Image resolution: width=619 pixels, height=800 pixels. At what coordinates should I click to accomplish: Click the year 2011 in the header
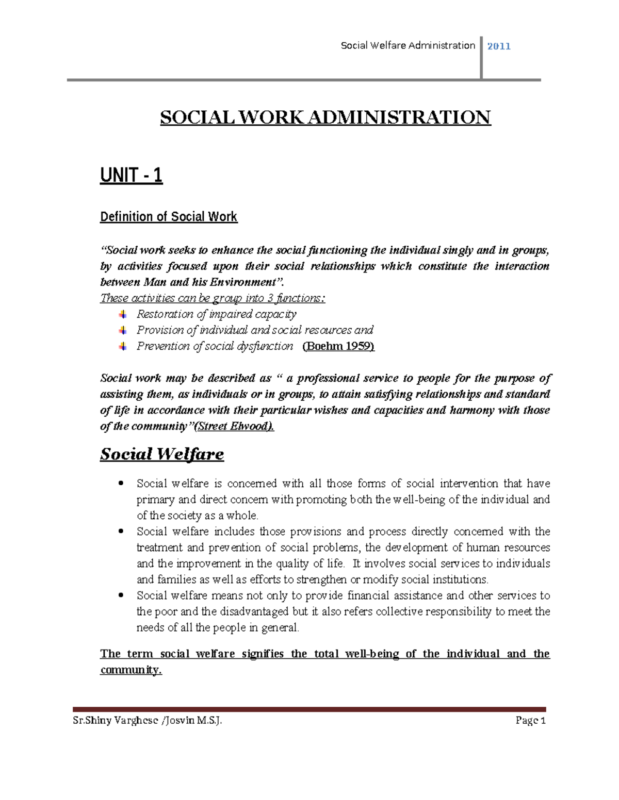498,46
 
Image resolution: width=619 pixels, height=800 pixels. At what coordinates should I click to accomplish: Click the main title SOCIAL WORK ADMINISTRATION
325,117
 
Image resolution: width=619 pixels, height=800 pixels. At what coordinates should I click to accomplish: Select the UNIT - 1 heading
131,175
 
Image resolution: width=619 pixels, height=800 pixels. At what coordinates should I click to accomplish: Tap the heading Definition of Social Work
168,217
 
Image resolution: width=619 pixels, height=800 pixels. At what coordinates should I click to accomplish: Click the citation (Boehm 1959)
338,346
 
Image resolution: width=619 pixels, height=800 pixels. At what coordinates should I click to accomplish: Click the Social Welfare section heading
161,454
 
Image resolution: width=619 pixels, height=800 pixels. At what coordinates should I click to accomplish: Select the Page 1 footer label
530,720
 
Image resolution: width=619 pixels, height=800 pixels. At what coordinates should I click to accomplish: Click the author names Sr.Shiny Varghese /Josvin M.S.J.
147,720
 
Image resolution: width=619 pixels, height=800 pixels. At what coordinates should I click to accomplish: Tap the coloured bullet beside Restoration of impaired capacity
122,314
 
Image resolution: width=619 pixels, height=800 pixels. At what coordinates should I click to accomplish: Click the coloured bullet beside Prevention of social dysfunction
122,346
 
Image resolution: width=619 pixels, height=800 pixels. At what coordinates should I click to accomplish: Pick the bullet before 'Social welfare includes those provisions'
121,531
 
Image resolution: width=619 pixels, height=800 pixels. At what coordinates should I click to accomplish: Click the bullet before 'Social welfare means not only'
121,595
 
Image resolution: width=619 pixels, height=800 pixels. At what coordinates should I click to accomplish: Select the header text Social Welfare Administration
408,46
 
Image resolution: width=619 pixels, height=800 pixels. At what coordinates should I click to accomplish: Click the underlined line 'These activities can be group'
213,298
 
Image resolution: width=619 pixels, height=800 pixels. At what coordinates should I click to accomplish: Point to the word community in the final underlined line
131,670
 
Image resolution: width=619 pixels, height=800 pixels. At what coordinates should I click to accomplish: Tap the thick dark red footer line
309,709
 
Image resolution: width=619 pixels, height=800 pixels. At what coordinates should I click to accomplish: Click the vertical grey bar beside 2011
481,58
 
